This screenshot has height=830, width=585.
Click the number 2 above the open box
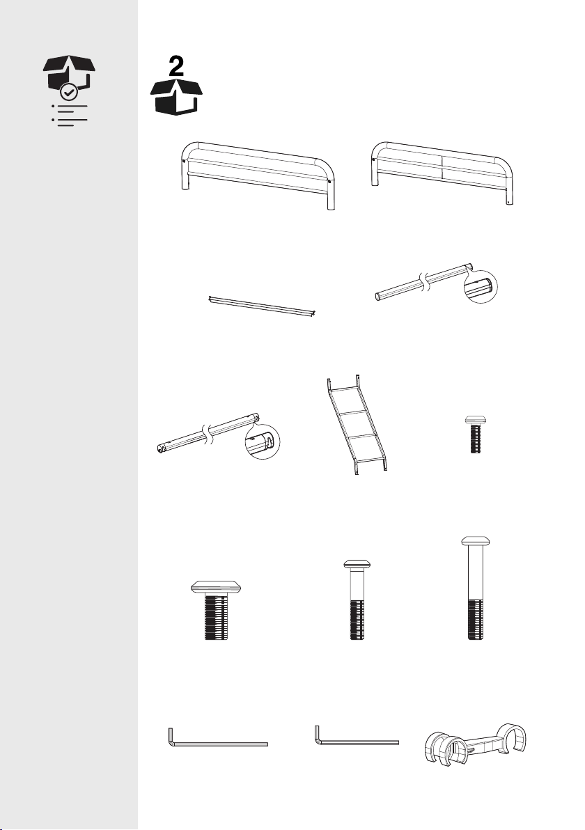coord(177,68)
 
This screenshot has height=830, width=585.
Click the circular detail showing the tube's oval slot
coord(481,287)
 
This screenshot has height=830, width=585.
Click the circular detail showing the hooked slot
coord(263,442)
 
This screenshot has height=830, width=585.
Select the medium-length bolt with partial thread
coord(357,600)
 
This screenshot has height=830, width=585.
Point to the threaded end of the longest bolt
coord(475,619)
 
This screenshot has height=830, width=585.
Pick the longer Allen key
coord(217,737)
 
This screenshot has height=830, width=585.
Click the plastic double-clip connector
coord(476,744)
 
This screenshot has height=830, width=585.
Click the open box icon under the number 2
coord(177,97)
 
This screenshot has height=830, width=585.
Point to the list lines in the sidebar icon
coord(70,116)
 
